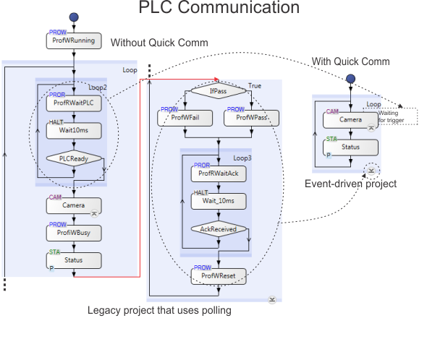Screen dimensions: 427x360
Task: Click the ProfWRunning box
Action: coord(74,40)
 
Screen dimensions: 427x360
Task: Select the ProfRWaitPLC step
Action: coord(74,103)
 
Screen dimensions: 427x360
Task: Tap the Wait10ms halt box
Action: coord(74,131)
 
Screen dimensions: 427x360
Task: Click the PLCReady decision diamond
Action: coord(74,158)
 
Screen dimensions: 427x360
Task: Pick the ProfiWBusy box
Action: coord(74,233)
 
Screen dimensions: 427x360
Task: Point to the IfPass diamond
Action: coord(219,90)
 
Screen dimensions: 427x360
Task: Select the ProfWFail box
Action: coord(185,118)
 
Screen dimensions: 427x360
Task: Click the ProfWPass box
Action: coord(251,118)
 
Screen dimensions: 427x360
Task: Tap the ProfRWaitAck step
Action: coord(219,174)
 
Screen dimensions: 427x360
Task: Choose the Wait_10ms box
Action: coord(219,202)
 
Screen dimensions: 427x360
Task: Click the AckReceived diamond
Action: coord(219,229)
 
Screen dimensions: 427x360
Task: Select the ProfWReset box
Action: coord(219,276)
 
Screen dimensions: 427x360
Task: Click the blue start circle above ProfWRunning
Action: coord(74,17)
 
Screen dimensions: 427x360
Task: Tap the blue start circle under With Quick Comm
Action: coord(350,79)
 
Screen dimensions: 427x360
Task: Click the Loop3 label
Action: coord(242,158)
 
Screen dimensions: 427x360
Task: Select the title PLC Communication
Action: coord(219,7)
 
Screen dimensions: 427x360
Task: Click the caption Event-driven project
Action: coord(350,184)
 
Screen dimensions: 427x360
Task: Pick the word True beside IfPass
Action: coord(255,86)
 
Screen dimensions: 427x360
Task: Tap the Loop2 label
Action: coord(98,87)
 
